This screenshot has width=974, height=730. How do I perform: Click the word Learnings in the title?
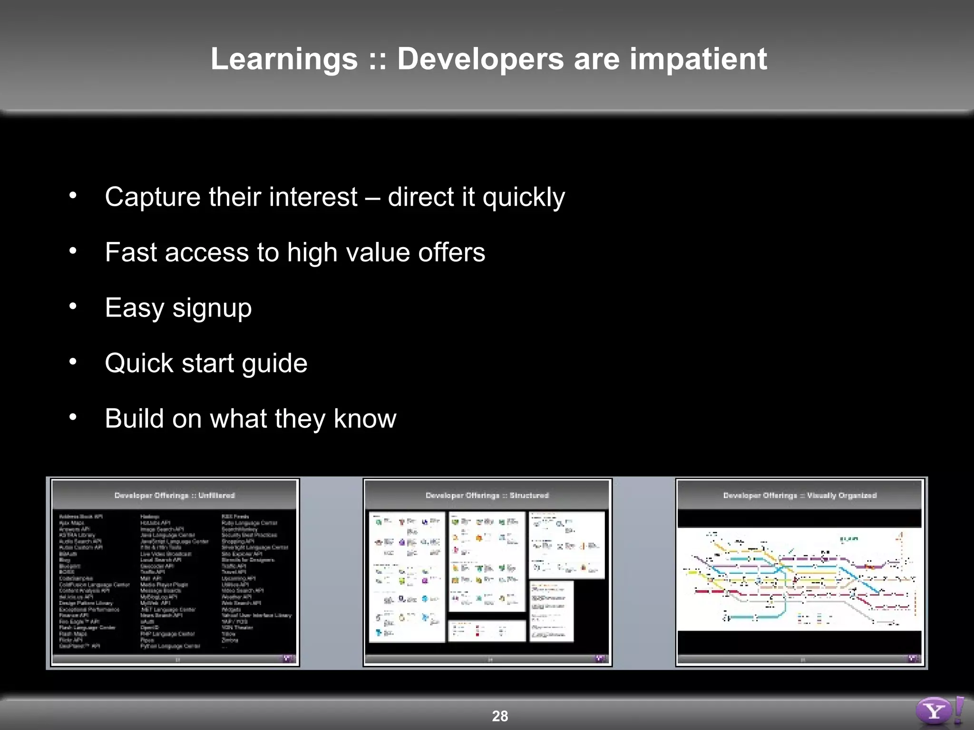click(x=284, y=59)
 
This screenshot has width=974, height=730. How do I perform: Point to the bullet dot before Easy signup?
click(x=73, y=306)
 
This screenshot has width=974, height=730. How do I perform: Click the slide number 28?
click(x=500, y=716)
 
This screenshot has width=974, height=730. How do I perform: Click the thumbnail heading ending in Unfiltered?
click(x=175, y=495)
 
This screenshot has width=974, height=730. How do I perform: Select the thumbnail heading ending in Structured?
click(x=487, y=495)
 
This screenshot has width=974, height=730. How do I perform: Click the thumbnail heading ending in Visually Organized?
click(x=799, y=495)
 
